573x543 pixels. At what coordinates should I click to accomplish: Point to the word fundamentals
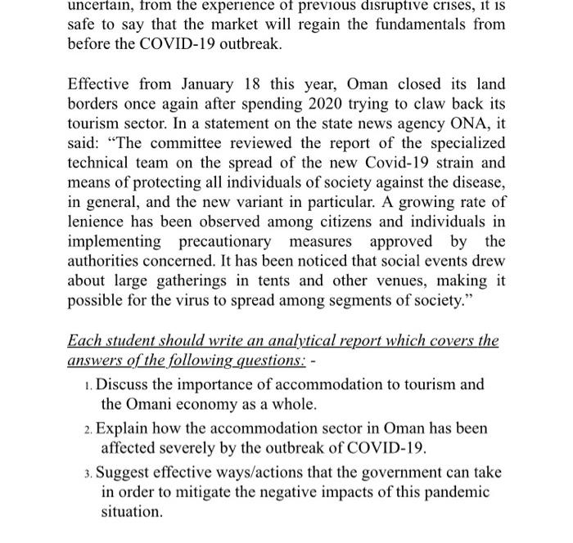[x=410, y=24]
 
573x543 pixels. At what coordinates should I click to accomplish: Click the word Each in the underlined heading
[x=83, y=340]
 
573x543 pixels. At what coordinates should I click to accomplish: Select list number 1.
[x=88, y=385]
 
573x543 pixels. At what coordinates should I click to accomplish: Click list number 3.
[x=88, y=473]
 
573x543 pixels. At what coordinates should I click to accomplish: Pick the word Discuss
[x=123, y=384]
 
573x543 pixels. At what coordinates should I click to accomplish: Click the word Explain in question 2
[x=122, y=428]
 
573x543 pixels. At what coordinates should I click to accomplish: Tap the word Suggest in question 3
[x=124, y=472]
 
